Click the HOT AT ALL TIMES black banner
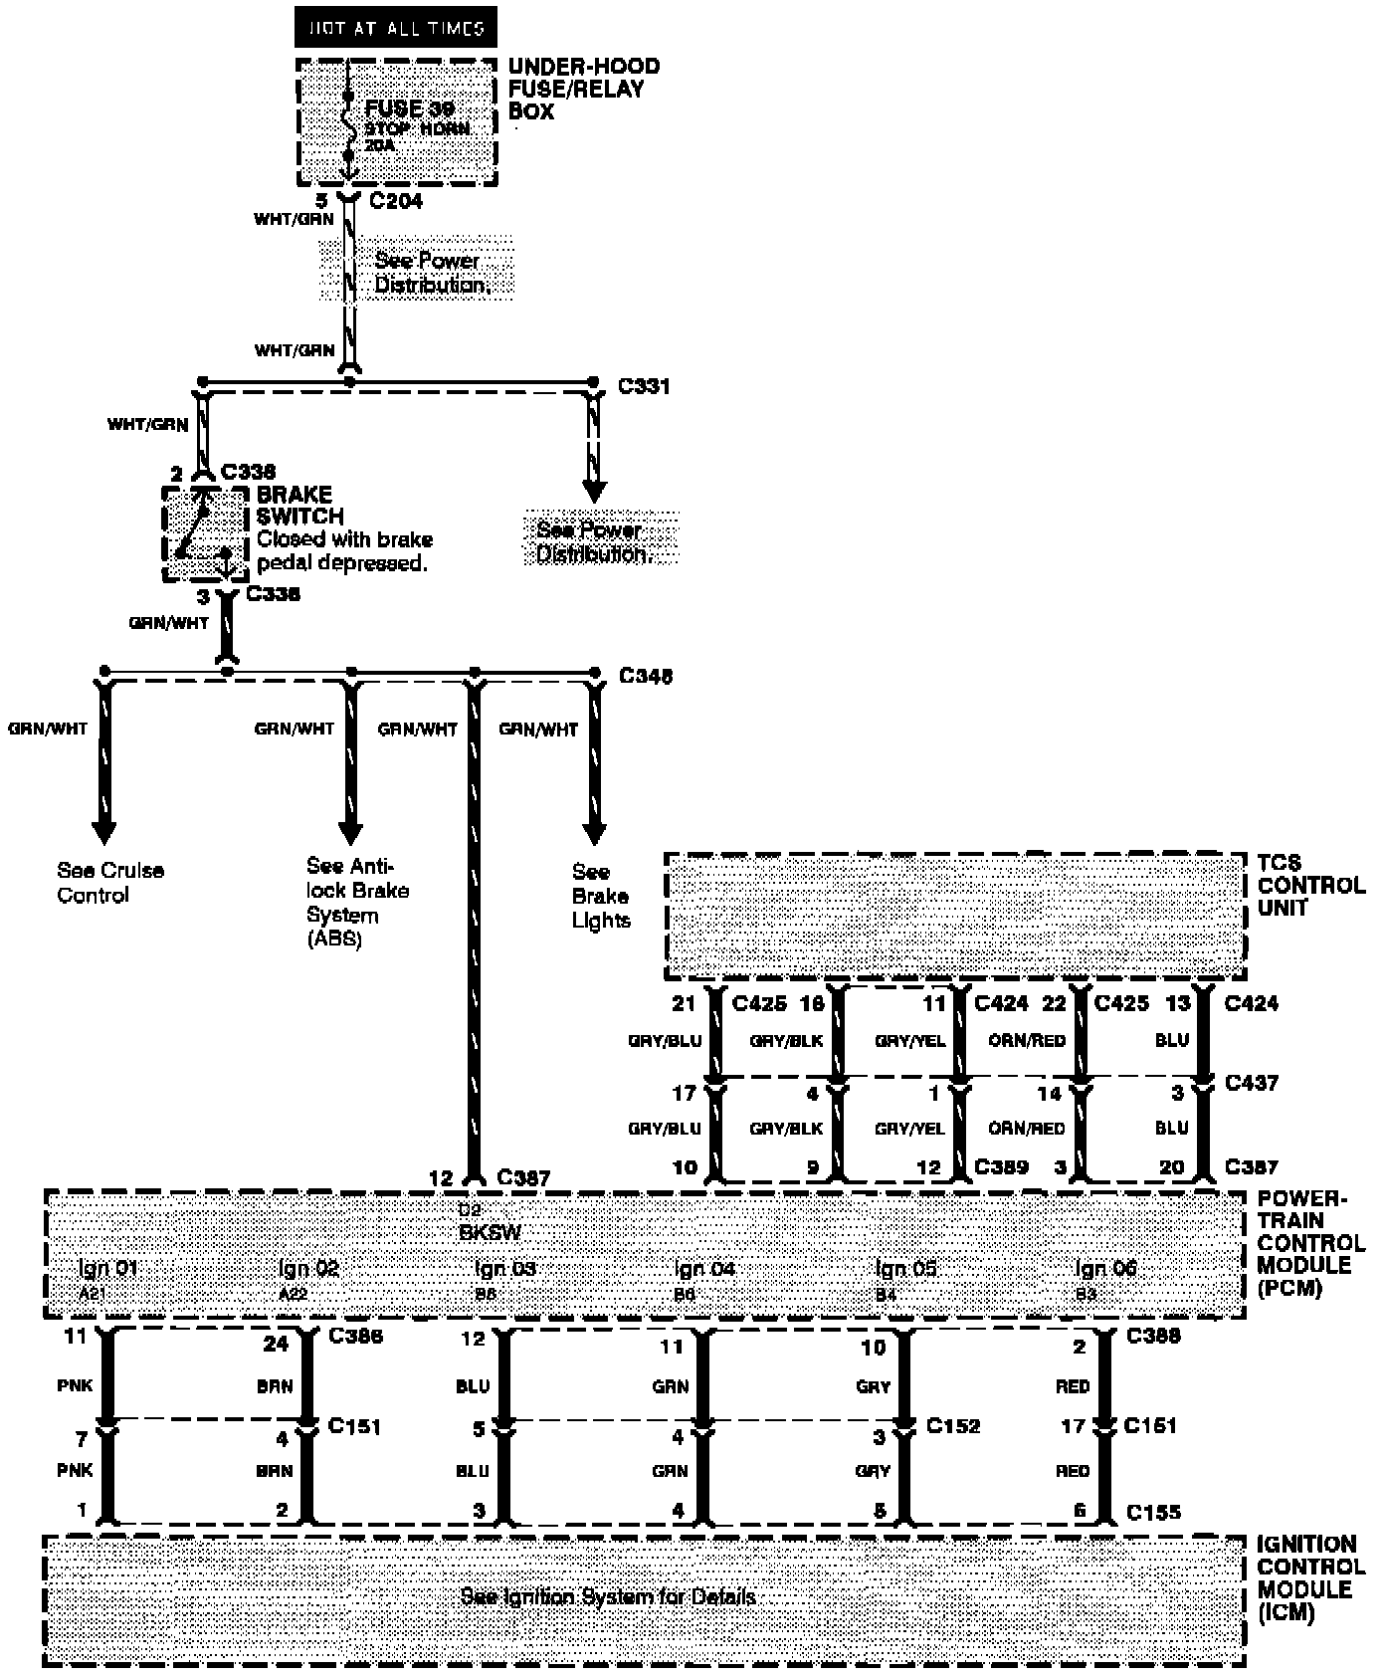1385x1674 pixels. click(395, 28)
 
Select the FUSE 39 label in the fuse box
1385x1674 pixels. click(409, 108)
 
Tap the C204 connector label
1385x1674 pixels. click(396, 201)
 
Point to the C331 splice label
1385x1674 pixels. click(644, 386)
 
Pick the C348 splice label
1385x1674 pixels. click(646, 677)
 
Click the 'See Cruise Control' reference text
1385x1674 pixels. click(109, 883)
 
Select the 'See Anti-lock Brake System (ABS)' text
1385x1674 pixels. click(357, 903)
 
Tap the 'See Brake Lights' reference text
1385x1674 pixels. click(600, 897)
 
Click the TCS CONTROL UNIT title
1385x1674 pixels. click(1310, 885)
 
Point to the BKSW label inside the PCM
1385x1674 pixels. click(489, 1232)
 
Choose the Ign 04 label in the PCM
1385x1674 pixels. click(703, 1269)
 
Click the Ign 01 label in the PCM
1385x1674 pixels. click(107, 1269)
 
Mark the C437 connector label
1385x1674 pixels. click(1251, 1083)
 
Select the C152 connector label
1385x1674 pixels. click(952, 1426)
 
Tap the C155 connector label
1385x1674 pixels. click(1153, 1513)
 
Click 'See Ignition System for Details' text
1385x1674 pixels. click(607, 1597)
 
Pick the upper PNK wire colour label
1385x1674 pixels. click(75, 1385)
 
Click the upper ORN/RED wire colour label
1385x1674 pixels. click(1027, 1041)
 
